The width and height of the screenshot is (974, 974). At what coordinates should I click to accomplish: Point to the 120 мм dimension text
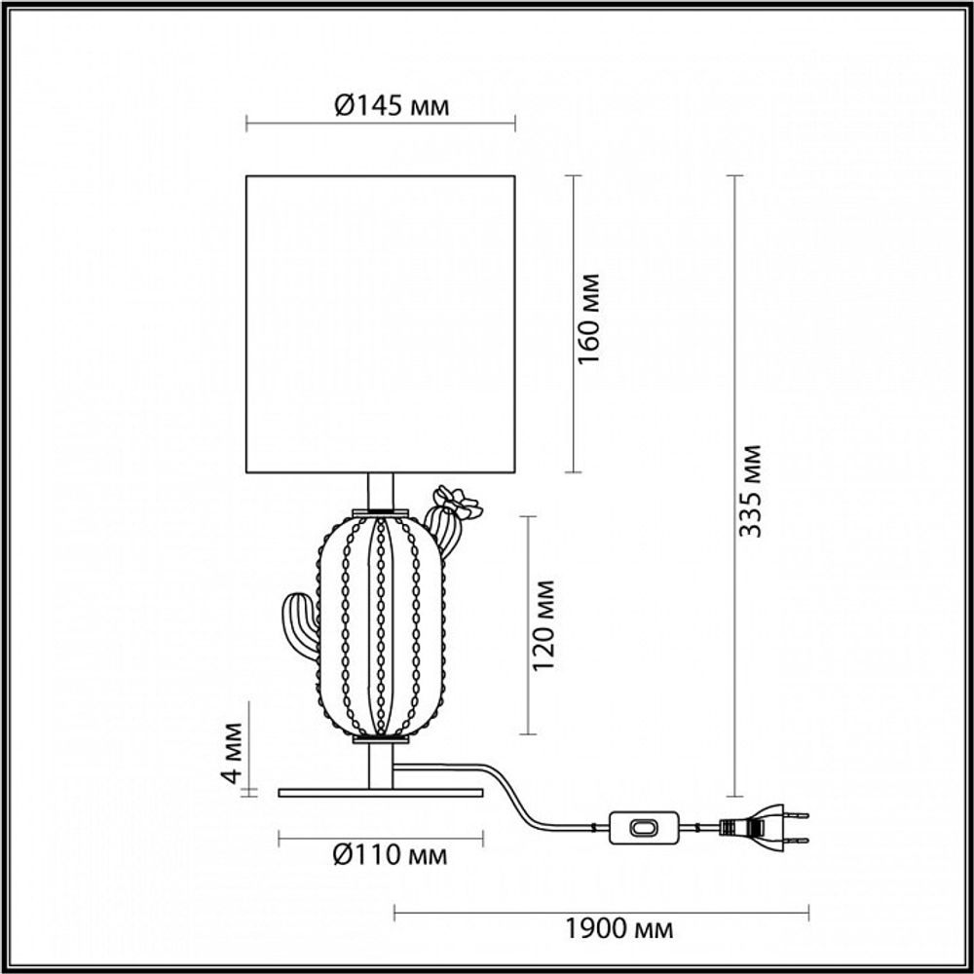click(544, 625)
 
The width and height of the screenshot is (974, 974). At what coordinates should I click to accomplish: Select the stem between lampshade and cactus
click(381, 491)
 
